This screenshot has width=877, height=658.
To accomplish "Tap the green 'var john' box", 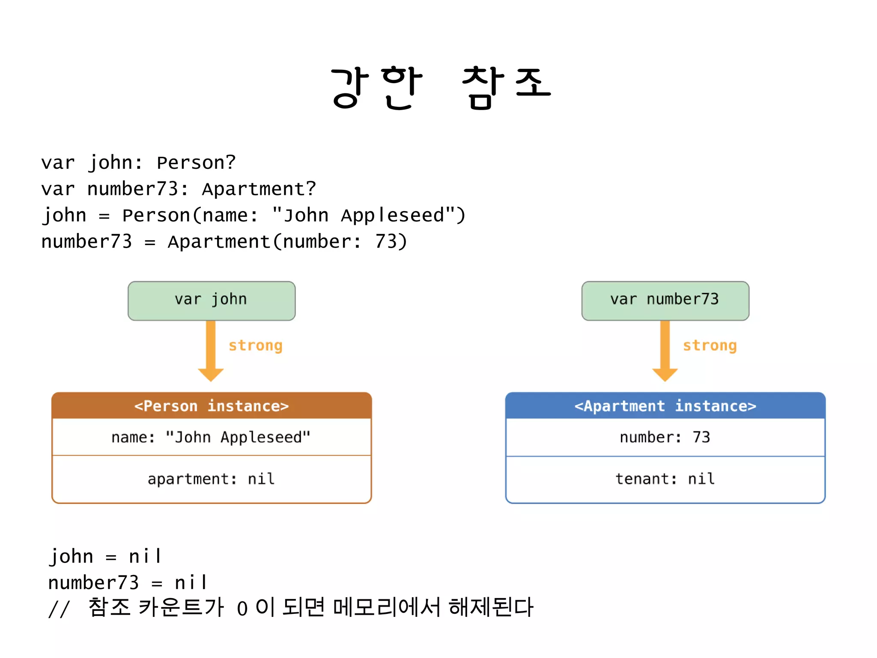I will click(x=211, y=300).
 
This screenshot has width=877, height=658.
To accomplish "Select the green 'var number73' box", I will click(x=665, y=300).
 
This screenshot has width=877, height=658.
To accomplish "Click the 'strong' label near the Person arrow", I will click(x=255, y=345).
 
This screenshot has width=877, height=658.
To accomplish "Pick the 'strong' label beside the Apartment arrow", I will click(x=710, y=345).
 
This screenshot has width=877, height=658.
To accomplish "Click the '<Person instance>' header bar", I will click(x=212, y=406).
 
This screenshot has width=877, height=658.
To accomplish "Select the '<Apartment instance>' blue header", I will click(x=665, y=406).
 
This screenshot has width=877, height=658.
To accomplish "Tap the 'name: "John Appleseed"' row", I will click(x=212, y=437).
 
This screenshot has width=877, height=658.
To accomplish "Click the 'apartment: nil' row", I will click(x=212, y=479).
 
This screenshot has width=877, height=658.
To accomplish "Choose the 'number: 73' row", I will click(x=665, y=437).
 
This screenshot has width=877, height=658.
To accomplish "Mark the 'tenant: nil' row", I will click(x=665, y=479).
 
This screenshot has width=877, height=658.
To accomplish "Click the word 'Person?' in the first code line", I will click(x=196, y=163).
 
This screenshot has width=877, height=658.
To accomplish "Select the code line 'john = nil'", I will click(x=105, y=556).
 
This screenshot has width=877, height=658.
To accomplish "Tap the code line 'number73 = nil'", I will click(x=128, y=583).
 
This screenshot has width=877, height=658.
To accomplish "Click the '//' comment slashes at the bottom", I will click(x=59, y=609).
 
